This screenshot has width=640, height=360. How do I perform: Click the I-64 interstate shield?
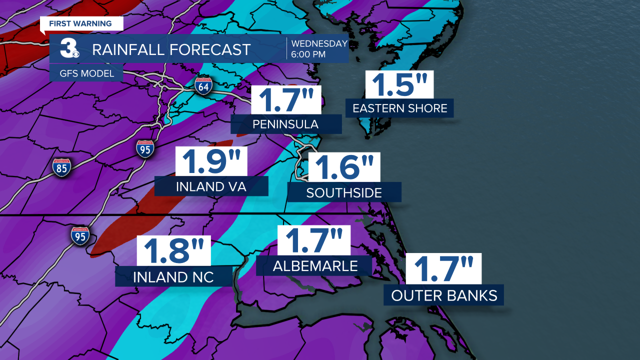204,86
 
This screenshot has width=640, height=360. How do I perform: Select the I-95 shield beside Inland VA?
145,149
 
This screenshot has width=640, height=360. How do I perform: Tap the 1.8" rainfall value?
174,251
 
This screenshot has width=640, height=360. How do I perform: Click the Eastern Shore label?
400,108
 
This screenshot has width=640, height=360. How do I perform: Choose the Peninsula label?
286,124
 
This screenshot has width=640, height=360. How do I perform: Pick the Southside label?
344,192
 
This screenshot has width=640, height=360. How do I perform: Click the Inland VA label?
211,186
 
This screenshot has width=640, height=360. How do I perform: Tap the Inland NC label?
173,277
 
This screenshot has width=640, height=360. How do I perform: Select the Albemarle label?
315,266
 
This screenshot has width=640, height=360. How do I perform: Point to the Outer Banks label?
444,295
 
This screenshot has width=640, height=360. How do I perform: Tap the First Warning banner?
80,24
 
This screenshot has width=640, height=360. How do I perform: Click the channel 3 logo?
68,49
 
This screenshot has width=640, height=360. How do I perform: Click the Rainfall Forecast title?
171,49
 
